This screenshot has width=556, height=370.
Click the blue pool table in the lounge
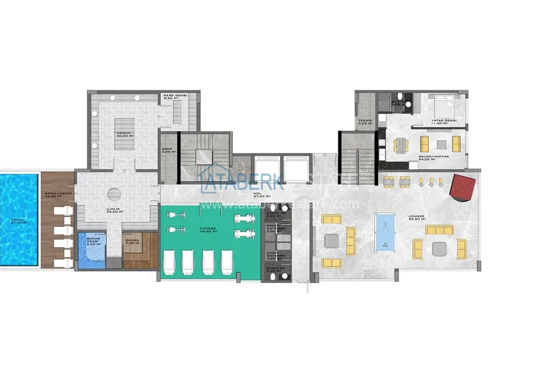(x=386, y=233)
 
